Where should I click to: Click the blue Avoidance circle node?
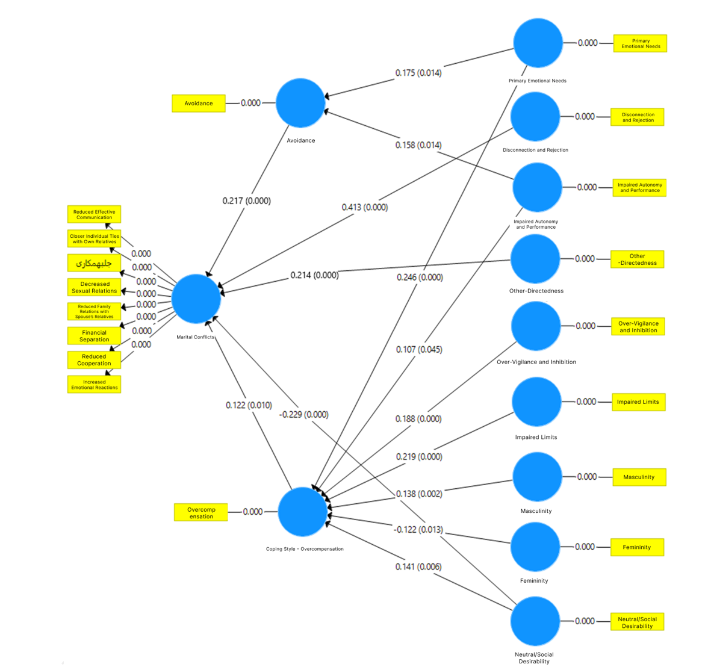coord(300,103)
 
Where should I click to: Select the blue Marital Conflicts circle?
coord(196,299)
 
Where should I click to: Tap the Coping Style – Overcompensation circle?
coord(302,512)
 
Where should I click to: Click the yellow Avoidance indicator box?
coord(199,104)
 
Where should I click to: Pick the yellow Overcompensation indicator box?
coord(201,513)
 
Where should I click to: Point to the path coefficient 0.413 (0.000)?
coord(365,207)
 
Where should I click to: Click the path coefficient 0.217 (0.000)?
coord(247,200)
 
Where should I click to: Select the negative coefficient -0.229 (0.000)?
coord(303,414)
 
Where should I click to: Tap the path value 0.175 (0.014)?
coord(418,73)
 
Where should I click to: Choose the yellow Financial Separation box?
coord(95,336)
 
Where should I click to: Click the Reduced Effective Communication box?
coord(95,214)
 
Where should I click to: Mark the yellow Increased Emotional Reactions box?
coord(95,385)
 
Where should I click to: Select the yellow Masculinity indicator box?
coord(639,477)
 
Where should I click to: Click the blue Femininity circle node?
coord(535,547)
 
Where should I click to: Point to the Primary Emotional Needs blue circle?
coord(538,43)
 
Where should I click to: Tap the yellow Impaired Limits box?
coord(638,402)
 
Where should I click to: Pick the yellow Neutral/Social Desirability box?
coord(638,622)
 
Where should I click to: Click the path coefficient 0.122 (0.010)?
coord(249,405)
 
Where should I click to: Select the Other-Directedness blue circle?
coord(535,259)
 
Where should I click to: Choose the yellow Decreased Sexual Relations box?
coord(95,287)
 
